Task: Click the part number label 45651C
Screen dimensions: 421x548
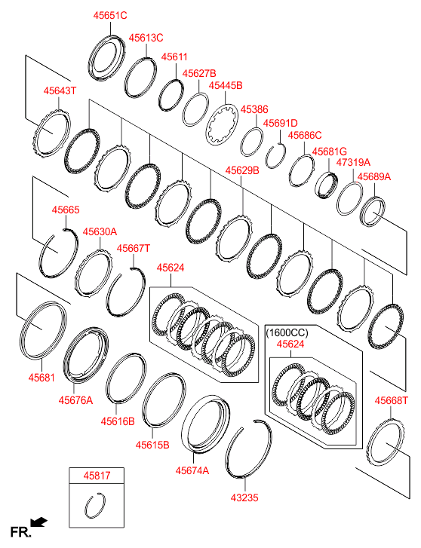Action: [x=110, y=15]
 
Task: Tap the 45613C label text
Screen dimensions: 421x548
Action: [x=146, y=38]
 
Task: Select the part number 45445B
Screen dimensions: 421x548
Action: [x=226, y=86]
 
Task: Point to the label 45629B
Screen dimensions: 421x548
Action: [x=242, y=170]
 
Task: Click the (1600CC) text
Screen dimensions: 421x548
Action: [x=287, y=332]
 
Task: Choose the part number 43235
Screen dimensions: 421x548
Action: [x=244, y=497]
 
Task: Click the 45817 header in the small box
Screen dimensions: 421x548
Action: [x=97, y=476]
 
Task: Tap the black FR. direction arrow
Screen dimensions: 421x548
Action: [x=38, y=522]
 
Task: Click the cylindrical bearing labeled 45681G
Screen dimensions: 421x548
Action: [x=327, y=185]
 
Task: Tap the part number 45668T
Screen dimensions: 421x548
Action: [x=392, y=400]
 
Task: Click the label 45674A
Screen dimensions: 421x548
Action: [x=192, y=471]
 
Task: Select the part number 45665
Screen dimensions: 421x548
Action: [x=66, y=210]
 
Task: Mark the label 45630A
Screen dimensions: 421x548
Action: [x=100, y=231]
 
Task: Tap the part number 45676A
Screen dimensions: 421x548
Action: [x=75, y=400]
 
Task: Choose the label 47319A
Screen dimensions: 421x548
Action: [x=353, y=163]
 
